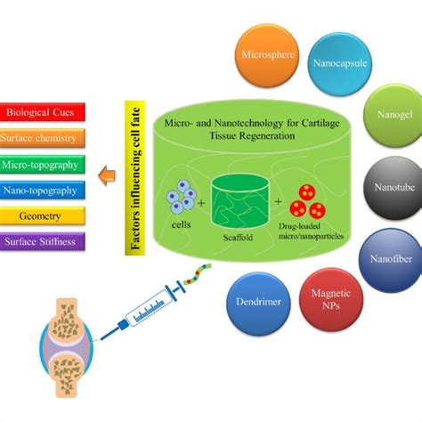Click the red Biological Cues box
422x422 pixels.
pos(45,113)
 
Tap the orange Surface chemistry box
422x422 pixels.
pos(45,138)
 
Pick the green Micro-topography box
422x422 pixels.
pos(45,164)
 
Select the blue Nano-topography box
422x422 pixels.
pos(45,189)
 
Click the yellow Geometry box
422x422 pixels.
pos(45,215)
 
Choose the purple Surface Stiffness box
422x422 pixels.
pos(45,239)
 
